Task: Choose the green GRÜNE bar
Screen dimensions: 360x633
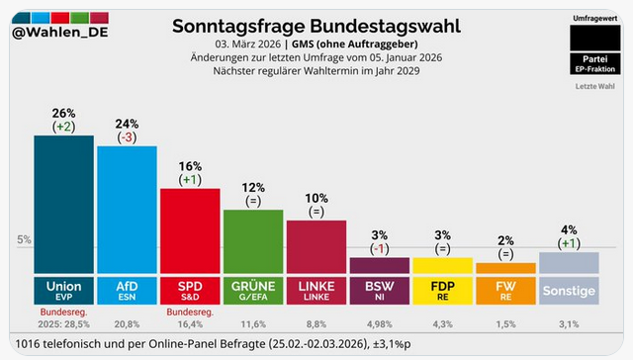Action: [x=252, y=242]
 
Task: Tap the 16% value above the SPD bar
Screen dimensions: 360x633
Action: [x=190, y=164]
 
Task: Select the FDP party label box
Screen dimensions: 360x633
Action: [x=442, y=289]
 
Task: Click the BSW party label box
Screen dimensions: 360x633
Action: [x=379, y=289]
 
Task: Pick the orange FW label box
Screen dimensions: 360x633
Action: [x=505, y=289]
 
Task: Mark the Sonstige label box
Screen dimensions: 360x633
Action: [x=569, y=290]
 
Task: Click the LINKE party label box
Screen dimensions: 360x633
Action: [x=316, y=289]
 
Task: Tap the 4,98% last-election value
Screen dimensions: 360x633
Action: [x=380, y=323]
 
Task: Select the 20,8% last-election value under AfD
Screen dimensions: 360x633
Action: [x=127, y=323]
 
